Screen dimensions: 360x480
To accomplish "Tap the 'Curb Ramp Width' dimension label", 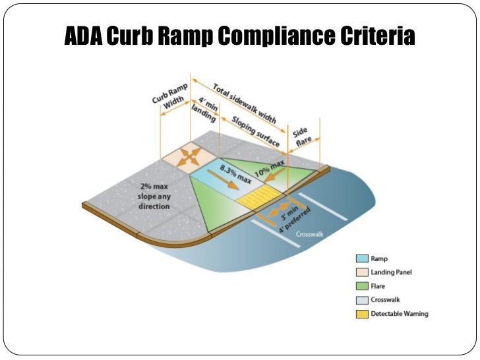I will [x=169, y=97].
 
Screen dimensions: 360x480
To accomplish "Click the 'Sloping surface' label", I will [x=253, y=130].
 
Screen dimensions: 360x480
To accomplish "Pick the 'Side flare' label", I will [x=305, y=136].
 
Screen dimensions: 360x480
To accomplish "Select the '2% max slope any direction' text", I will [x=154, y=196].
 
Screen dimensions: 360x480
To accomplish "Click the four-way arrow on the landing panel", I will [x=191, y=156].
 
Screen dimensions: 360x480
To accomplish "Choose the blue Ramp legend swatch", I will [x=361, y=258].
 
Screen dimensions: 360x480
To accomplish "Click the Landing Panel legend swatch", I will [x=361, y=272].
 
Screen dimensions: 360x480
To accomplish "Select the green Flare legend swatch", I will [x=361, y=286].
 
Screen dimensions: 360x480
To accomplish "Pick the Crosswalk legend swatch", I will [x=361, y=300].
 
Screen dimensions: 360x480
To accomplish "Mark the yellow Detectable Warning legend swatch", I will [x=361, y=314].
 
